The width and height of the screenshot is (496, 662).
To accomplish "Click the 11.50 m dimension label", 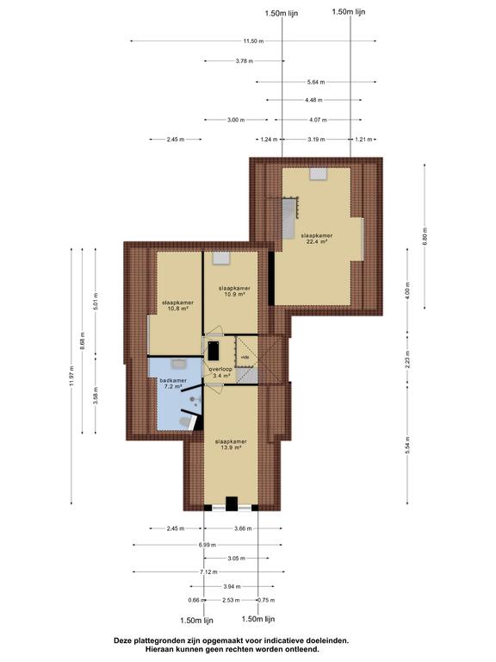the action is (x=253, y=41).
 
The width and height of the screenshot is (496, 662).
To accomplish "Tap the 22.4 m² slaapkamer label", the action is (x=317, y=239).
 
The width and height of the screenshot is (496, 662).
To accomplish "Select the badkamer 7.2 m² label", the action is (x=173, y=384).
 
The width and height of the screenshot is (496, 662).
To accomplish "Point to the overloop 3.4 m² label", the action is (x=220, y=372).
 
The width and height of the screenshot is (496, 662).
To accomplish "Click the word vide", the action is (x=245, y=357).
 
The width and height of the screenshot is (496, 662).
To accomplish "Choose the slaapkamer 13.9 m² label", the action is (x=231, y=445).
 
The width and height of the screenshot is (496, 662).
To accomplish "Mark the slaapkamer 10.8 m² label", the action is (x=178, y=306).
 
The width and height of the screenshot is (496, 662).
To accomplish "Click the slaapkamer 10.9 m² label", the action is (x=234, y=290).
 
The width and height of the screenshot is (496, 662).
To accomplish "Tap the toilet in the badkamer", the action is (x=186, y=422).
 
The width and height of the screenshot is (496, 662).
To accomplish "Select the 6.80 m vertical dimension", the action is (x=425, y=236).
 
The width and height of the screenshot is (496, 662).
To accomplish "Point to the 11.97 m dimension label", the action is (x=71, y=376).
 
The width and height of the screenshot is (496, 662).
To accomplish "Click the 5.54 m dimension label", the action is (x=407, y=446).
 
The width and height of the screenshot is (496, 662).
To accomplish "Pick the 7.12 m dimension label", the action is (x=208, y=572).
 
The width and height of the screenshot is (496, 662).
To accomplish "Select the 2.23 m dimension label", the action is (x=407, y=359).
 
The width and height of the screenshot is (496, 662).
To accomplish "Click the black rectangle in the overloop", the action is (x=214, y=351).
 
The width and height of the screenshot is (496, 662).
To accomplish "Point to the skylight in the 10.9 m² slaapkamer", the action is (x=221, y=258).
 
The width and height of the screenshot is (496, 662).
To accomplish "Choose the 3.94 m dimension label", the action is (x=232, y=586).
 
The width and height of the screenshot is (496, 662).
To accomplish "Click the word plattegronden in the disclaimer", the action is (x=155, y=640).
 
